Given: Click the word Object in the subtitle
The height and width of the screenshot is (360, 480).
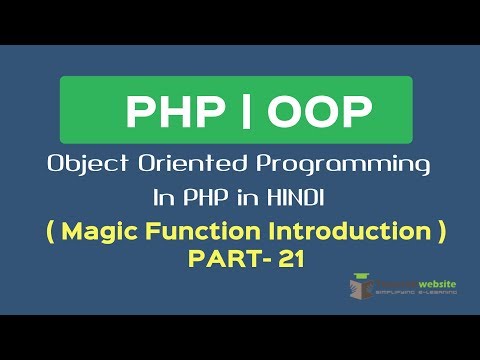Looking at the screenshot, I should point(91,163).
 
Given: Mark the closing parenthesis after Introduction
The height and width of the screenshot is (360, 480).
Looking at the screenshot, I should point(440,233).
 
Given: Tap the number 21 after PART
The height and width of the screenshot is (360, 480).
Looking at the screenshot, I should point(289,259).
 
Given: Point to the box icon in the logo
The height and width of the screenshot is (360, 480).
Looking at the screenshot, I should point(362,290).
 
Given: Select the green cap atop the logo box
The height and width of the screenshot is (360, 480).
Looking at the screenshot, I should point(361,277).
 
